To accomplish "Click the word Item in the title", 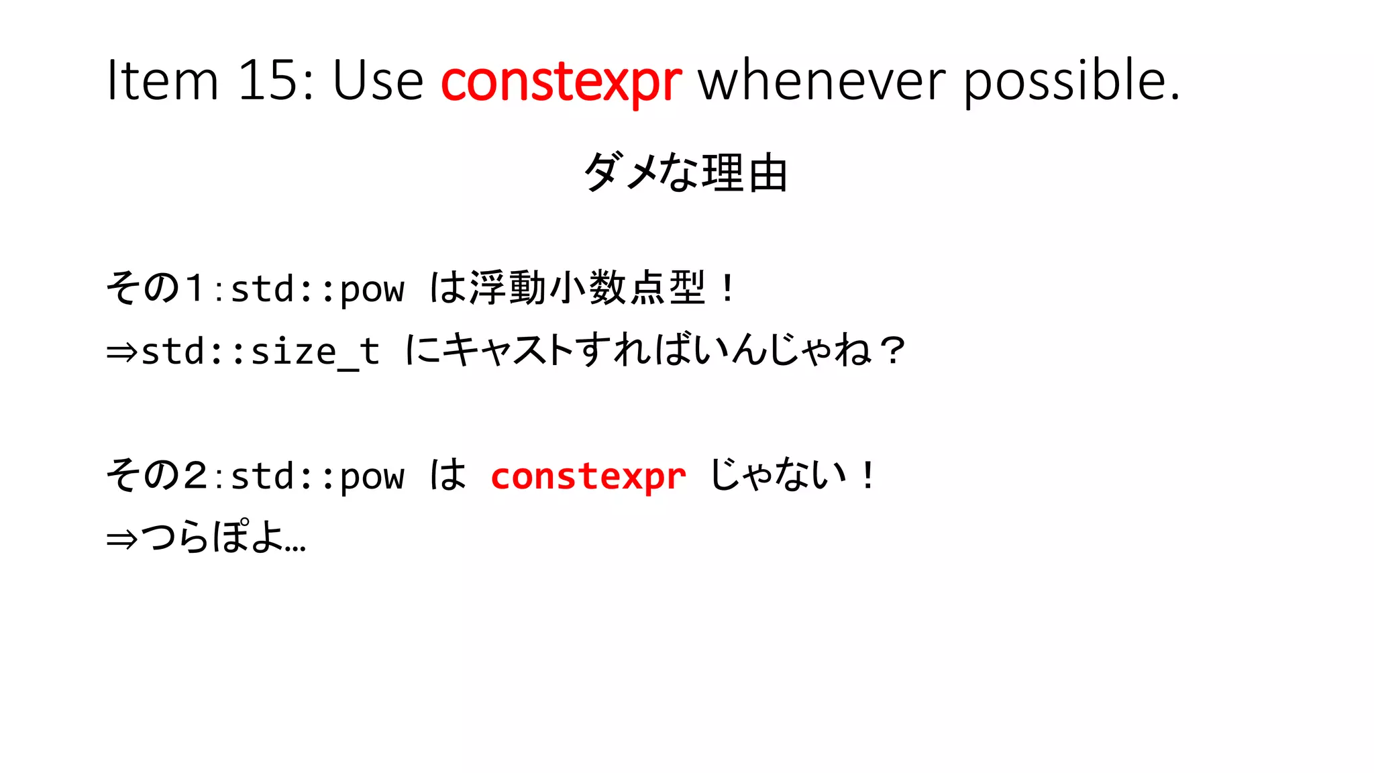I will (x=163, y=81).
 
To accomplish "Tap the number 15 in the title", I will (x=268, y=81).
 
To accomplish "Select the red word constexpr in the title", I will (x=561, y=82).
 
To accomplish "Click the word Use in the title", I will (x=378, y=81).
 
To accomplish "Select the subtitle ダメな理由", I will (x=686, y=172).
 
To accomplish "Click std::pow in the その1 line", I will (x=317, y=289).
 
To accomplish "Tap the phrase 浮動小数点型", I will (x=588, y=288).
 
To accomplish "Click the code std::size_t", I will (x=260, y=352).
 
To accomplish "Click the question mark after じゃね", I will (x=893, y=350).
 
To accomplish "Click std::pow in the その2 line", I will (x=317, y=476).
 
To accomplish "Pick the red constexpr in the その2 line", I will (x=588, y=476).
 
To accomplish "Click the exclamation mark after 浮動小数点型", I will (x=728, y=289).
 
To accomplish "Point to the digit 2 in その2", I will (x=195, y=476).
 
